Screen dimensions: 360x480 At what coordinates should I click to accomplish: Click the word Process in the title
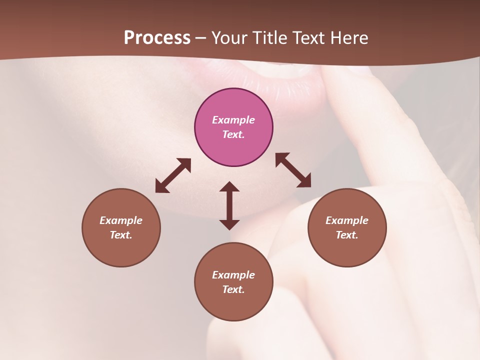point(157,38)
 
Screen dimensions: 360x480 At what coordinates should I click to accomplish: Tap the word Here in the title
point(348,38)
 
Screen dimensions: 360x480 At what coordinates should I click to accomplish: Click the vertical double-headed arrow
point(229,205)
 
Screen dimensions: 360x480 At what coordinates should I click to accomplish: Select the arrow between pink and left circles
point(173,175)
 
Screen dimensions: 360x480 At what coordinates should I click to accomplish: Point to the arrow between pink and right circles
point(293,170)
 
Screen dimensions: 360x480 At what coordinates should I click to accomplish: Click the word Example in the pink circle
point(233,120)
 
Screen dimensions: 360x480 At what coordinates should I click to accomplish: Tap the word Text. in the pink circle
point(233,134)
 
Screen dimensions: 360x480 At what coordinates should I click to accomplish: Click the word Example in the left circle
point(121,220)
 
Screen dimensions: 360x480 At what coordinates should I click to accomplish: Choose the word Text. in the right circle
point(347,235)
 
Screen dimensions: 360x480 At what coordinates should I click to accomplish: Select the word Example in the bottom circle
point(233,275)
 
